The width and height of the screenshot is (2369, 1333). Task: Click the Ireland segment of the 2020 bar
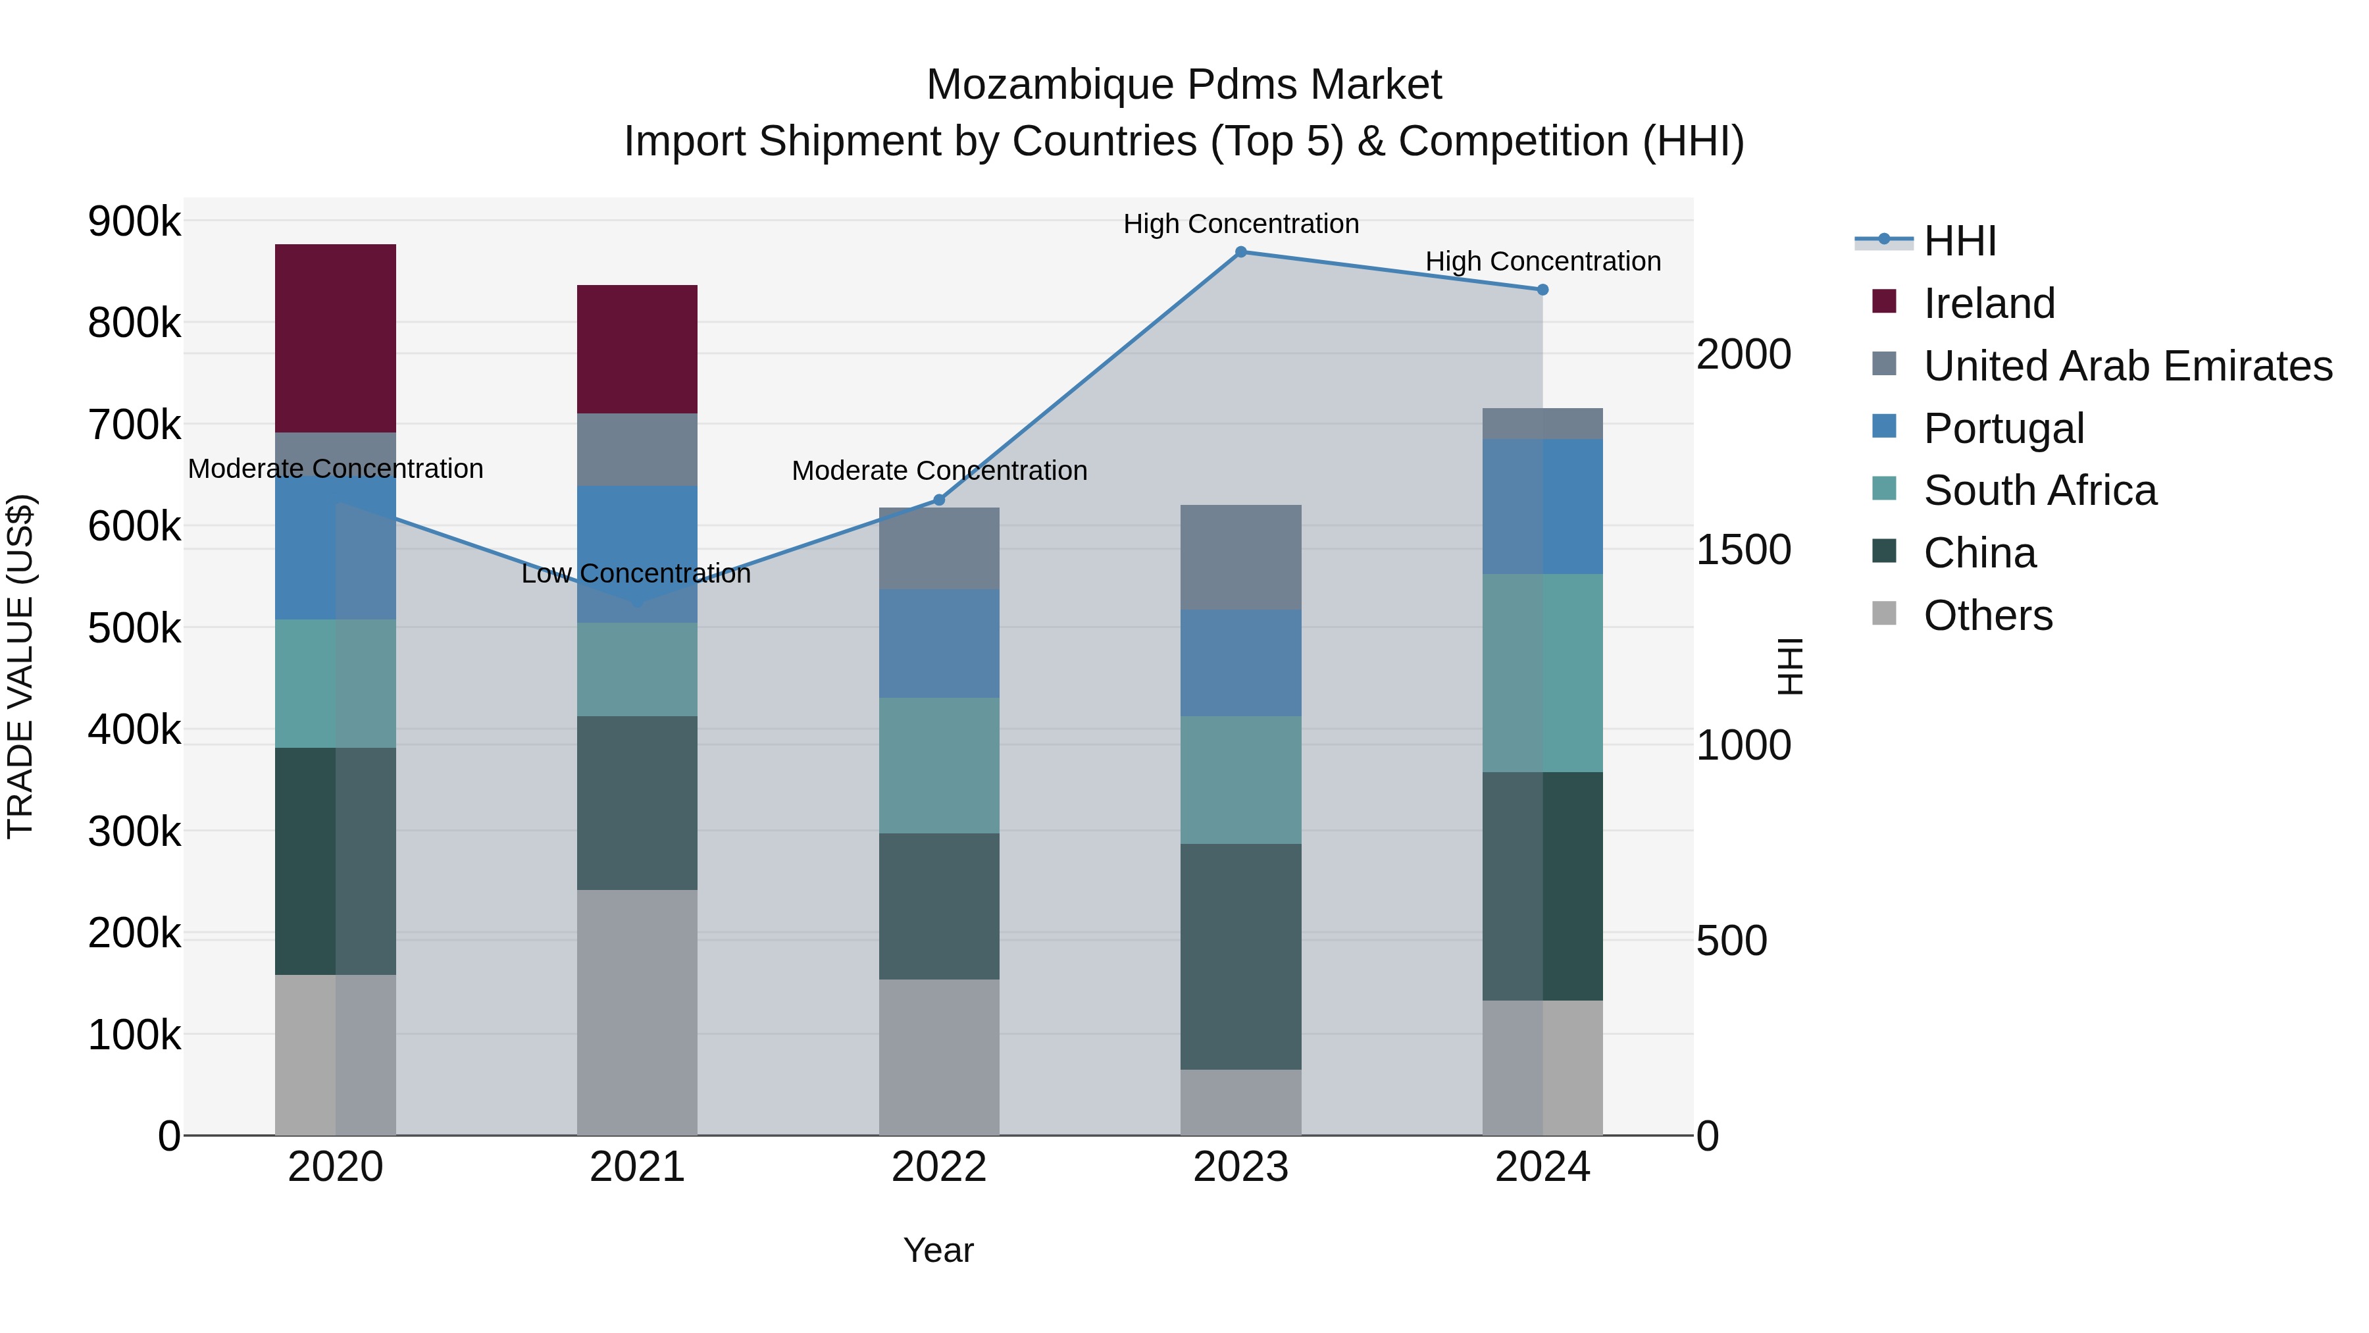click(335, 338)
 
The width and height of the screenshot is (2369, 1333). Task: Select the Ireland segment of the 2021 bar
click(636, 350)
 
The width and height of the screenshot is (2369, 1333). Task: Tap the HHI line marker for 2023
click(1240, 252)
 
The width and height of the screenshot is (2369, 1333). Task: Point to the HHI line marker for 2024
click(1542, 290)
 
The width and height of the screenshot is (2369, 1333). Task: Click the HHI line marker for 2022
click(939, 500)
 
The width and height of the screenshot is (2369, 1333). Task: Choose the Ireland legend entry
click(1988, 303)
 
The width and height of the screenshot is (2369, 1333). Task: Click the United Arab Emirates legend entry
click(2127, 366)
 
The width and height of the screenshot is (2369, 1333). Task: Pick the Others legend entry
click(1987, 615)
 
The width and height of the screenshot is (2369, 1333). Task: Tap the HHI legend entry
click(1959, 241)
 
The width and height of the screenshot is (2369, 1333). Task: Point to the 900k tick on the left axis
click(134, 222)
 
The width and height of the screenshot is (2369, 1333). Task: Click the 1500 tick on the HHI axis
click(1743, 550)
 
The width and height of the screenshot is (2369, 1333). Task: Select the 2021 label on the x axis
click(636, 1167)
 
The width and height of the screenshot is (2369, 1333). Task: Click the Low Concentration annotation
click(636, 574)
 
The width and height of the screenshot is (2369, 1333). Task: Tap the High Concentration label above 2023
click(1240, 224)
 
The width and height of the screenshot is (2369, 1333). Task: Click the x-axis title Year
click(938, 1250)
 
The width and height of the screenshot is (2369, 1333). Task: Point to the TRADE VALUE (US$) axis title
click(21, 666)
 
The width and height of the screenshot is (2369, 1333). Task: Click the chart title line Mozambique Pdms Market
click(1184, 86)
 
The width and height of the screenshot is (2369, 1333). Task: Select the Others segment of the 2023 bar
click(1240, 1102)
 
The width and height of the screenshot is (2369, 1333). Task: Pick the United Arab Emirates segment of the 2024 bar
click(1542, 424)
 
